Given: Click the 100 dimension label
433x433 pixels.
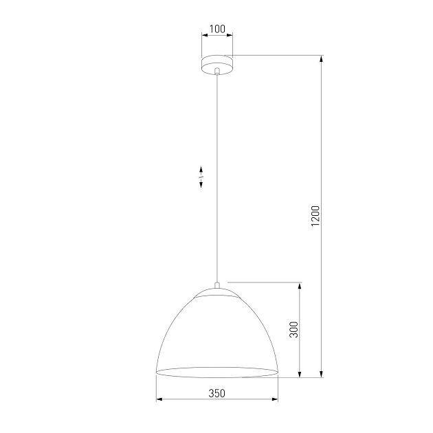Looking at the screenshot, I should [216, 29].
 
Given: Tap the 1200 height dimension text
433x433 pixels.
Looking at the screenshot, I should [315, 216].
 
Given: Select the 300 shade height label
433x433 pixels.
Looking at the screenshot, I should [293, 330].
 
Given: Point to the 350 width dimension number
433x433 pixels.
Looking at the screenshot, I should [216, 393].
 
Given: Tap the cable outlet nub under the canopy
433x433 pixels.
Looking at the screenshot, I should [216, 71].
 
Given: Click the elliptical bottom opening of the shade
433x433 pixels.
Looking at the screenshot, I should [216, 372].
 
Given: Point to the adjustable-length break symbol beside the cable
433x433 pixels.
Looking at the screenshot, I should [201, 177].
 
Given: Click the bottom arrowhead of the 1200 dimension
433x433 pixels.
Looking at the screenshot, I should [322, 374].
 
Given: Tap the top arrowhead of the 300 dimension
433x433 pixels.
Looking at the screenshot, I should [300, 285].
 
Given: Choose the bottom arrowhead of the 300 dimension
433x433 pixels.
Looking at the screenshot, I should [300, 374].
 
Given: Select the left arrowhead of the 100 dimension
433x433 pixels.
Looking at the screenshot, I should [203, 36].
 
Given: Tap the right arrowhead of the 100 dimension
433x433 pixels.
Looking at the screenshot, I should [230, 36].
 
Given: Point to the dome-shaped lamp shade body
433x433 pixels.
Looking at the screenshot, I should [216, 333].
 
